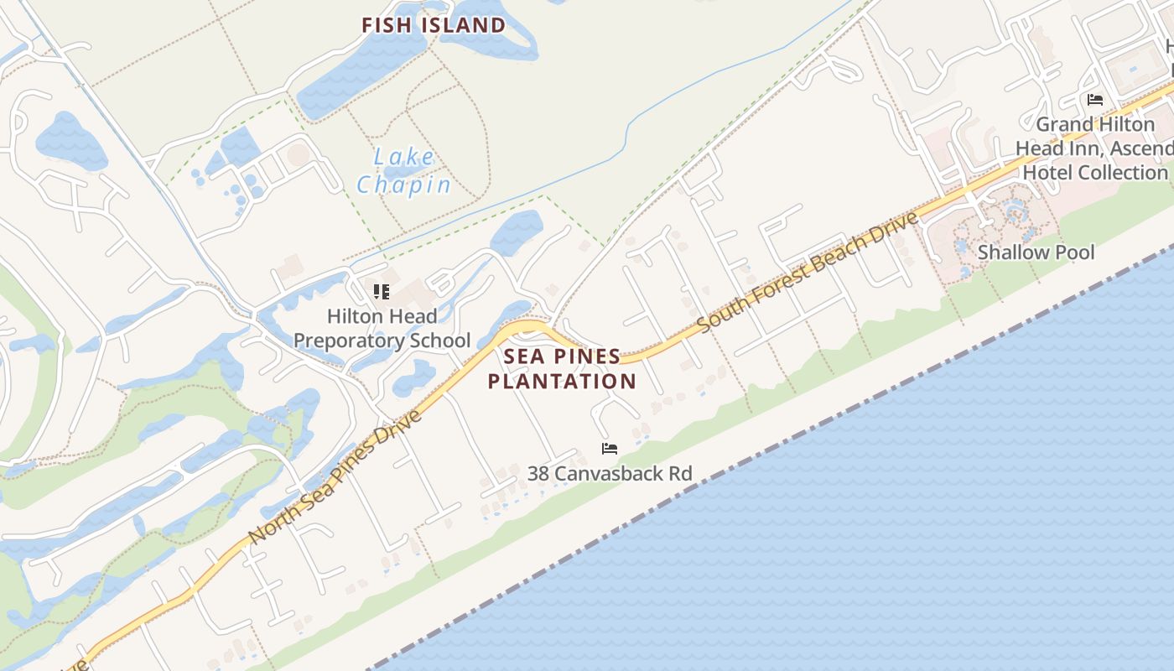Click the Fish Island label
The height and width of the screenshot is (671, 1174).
pyautogui.click(x=434, y=25)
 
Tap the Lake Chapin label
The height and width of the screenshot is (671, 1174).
pyautogui.click(x=403, y=171)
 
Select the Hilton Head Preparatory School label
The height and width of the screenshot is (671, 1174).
pyautogui.click(x=382, y=329)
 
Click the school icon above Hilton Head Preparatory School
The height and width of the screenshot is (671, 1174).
pyautogui.click(x=382, y=292)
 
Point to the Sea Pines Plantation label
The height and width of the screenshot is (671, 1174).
pyautogui.click(x=562, y=369)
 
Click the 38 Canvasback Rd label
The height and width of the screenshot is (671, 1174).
pyautogui.click(x=610, y=474)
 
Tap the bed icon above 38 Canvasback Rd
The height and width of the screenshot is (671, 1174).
pyautogui.click(x=610, y=449)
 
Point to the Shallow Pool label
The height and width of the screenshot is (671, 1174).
pyautogui.click(x=1036, y=252)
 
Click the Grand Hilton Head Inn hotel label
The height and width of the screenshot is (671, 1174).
pyautogui.click(x=1094, y=148)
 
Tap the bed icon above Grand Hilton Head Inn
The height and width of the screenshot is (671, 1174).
pyautogui.click(x=1094, y=100)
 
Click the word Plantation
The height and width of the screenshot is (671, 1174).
pyautogui.click(x=562, y=382)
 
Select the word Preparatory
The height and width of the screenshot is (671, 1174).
pyautogui.click(x=345, y=341)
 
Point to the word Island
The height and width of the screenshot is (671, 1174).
pyautogui.click(x=463, y=25)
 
